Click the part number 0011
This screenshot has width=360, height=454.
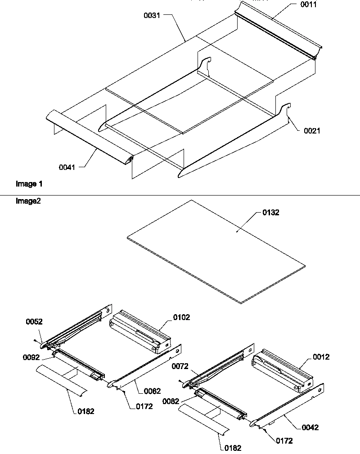coord(309,5)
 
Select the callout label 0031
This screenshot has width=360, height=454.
coord(152,15)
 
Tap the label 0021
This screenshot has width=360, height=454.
coord(312,131)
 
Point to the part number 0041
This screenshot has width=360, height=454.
coord(67,167)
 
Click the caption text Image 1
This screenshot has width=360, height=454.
coord(29,184)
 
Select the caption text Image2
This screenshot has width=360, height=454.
coord(28,201)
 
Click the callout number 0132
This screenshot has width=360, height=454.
coord(270,213)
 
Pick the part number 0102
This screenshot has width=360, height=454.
coord(182,317)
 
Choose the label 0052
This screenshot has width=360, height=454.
coord(34,322)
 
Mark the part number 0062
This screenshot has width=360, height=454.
coord(152,391)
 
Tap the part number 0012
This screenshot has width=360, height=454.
coord(321,357)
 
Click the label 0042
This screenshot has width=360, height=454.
coord(310,427)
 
